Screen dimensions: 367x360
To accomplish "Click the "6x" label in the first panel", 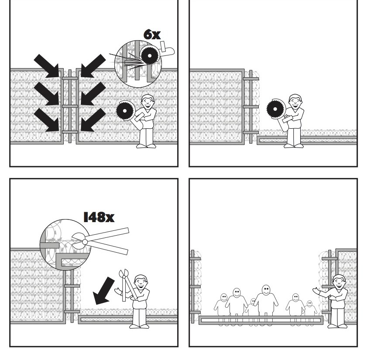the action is (152, 34).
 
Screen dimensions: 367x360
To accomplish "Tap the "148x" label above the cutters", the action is (99, 217).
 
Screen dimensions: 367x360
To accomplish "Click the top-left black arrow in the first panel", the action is (47, 66).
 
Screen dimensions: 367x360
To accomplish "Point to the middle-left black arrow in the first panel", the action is (47, 94).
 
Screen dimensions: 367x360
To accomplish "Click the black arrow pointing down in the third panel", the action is (104, 291).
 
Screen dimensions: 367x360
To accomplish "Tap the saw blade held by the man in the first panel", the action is (125, 111).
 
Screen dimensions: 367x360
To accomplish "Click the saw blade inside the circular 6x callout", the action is (150, 56).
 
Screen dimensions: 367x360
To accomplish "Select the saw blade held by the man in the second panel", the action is (275, 109).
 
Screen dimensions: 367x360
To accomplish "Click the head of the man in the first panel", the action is (148, 101).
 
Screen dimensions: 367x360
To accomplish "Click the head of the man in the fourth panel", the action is (339, 281).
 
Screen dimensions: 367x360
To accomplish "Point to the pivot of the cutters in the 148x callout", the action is (85, 242).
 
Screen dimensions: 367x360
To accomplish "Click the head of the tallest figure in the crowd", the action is (266, 290).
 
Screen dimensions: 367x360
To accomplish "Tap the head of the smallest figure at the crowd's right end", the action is (310, 304).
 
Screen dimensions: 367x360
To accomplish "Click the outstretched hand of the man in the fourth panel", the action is (316, 290).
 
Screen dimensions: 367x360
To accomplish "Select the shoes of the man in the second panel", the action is (294, 146).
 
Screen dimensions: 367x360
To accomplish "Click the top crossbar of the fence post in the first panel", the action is (70, 79).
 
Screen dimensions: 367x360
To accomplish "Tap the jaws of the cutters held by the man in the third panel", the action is (124, 274).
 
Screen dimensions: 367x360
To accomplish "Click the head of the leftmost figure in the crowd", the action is (224, 298).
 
